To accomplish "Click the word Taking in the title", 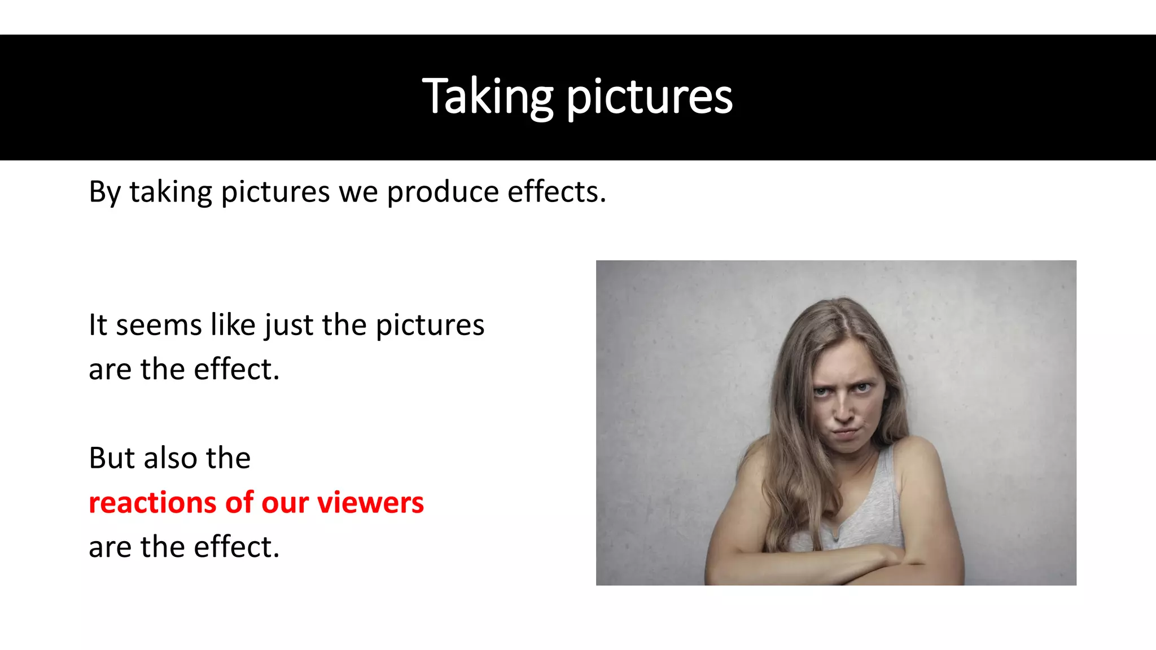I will (x=488, y=97).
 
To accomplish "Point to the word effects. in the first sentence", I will (x=557, y=191).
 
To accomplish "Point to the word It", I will (x=98, y=325).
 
